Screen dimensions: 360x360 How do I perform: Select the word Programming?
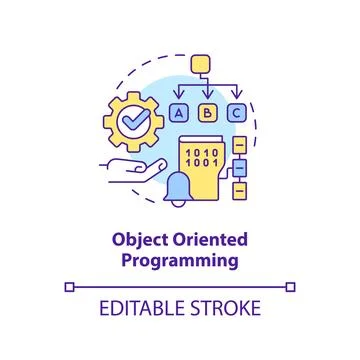(x=180, y=261)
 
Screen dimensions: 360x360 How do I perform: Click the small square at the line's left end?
(x=68, y=287)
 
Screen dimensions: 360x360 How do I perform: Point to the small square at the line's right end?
(x=292, y=287)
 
